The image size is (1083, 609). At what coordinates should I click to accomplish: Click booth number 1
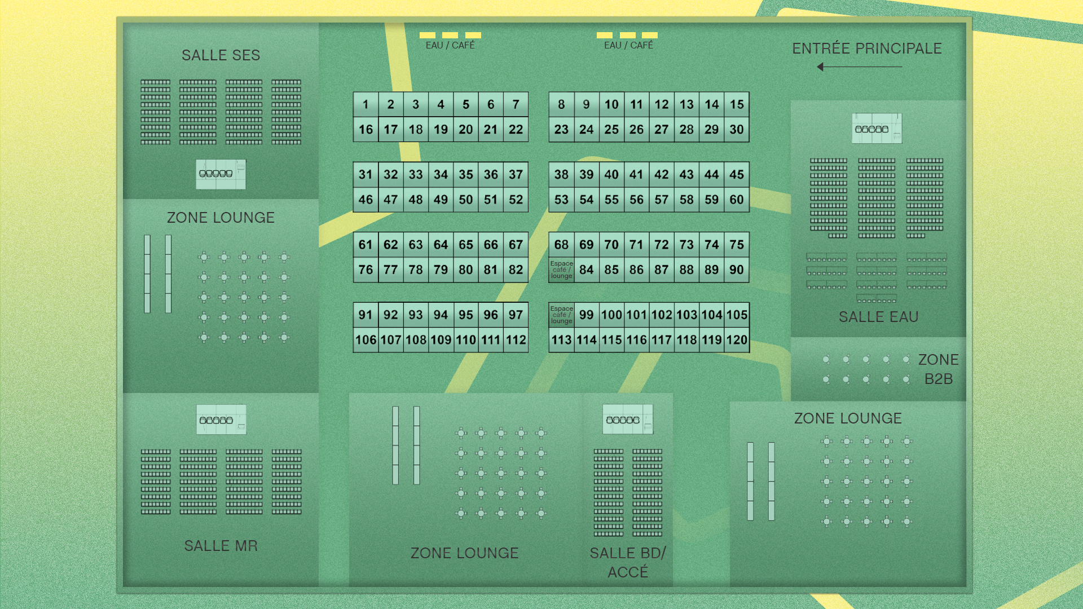(366, 104)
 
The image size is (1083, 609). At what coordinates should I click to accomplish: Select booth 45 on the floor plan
(737, 175)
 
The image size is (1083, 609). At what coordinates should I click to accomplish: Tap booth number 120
(737, 340)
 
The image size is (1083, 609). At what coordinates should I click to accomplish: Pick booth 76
(366, 270)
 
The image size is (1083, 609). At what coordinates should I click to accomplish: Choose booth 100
(611, 315)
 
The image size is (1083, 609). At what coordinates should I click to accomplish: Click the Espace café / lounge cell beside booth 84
(561, 270)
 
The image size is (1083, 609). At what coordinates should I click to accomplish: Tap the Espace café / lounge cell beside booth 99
(561, 315)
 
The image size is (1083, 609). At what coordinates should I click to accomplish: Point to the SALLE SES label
(221, 55)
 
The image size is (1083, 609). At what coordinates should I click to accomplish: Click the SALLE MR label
(221, 546)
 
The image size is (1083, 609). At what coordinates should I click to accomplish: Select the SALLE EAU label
(878, 317)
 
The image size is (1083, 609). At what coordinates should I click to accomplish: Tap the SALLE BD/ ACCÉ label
(628, 562)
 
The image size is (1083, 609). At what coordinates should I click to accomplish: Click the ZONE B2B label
(938, 369)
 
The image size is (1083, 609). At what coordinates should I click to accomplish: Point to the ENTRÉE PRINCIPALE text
(866, 48)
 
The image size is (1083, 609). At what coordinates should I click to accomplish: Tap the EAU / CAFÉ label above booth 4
(450, 45)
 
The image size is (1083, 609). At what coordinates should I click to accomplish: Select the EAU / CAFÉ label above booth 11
(628, 45)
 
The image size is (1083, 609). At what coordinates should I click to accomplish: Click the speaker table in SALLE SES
(221, 174)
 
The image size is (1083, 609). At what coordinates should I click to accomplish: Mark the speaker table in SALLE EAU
(877, 129)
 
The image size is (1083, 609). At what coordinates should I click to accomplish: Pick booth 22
(516, 130)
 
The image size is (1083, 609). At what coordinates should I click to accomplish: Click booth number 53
(561, 200)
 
